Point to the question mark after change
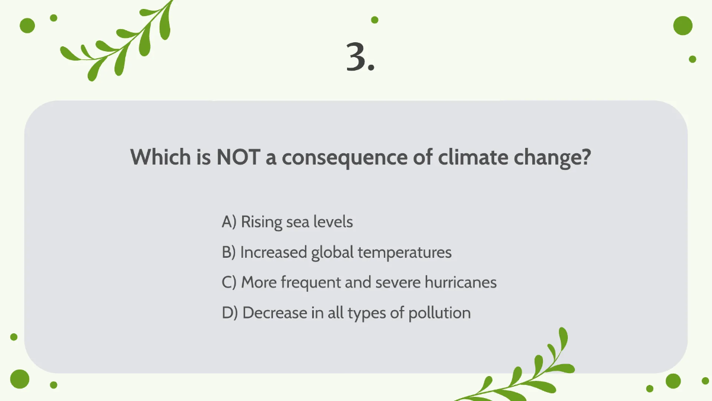tap(584, 157)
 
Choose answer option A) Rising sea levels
tap(287, 222)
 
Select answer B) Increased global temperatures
tap(336, 252)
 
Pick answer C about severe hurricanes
tap(359, 282)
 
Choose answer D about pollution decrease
tap(346, 312)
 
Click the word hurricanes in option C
tap(460, 282)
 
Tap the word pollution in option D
tap(439, 312)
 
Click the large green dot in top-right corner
tap(683, 26)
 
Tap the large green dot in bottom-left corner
tap(20, 378)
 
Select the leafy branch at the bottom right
tap(522, 371)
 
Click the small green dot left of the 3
tap(374, 20)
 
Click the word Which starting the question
tap(156, 157)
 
